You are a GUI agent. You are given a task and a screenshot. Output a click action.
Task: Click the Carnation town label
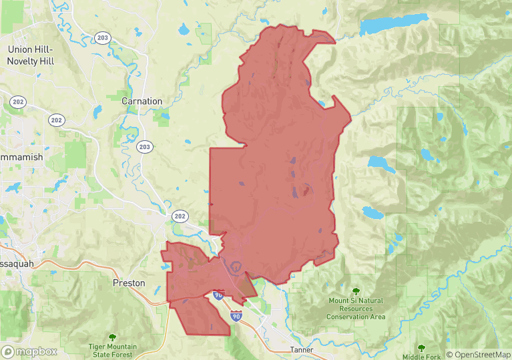142,101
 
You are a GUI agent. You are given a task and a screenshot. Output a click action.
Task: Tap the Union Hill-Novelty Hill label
31,55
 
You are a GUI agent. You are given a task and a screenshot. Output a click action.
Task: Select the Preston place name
129,283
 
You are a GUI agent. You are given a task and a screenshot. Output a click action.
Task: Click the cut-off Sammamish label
21,157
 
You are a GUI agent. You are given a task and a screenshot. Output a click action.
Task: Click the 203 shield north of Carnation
102,38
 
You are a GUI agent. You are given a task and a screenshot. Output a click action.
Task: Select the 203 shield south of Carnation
144,147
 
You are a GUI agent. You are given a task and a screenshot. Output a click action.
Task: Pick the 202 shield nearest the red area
180,216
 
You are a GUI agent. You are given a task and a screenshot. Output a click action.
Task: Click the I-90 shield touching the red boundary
218,295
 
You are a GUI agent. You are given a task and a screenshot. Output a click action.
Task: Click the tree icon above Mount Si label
355,291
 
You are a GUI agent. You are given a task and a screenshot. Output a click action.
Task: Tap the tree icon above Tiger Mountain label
111,338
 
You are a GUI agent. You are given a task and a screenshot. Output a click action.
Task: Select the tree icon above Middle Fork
421,348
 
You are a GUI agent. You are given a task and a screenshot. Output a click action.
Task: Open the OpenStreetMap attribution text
478,355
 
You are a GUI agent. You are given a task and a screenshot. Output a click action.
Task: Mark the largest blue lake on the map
393,24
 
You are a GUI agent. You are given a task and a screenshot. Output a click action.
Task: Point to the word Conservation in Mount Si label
355,316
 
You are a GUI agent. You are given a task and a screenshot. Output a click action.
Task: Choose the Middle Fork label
421,357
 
